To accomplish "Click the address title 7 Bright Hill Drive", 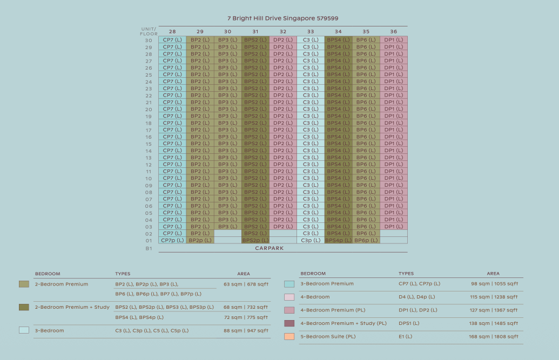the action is pos(283,18).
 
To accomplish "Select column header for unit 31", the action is pos(255,31).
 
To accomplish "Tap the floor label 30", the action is pos(149,40).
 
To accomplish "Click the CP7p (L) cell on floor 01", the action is pos(172,240).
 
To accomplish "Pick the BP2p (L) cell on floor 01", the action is pos(200,240).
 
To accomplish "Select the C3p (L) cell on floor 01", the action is pos(311,240).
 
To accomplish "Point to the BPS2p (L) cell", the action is pos(255,240).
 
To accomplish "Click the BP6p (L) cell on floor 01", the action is pos(366,240).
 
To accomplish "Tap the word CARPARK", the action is pos(269,248).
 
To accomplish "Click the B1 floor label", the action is pos(149,248).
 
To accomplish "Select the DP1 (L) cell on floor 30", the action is pos(394,40).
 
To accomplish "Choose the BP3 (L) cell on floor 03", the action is pos(228,226).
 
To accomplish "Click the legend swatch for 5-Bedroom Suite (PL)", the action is pos(289,336).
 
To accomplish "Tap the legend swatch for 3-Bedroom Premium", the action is pos(289,284).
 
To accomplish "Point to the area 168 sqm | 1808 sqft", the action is pos(494,336).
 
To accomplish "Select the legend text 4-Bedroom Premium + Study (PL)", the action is pos(344,323).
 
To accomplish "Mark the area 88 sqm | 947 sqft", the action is pos(246,331).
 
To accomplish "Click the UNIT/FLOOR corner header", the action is pos(149,31).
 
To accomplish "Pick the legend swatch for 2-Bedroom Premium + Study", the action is pos(24,307).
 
